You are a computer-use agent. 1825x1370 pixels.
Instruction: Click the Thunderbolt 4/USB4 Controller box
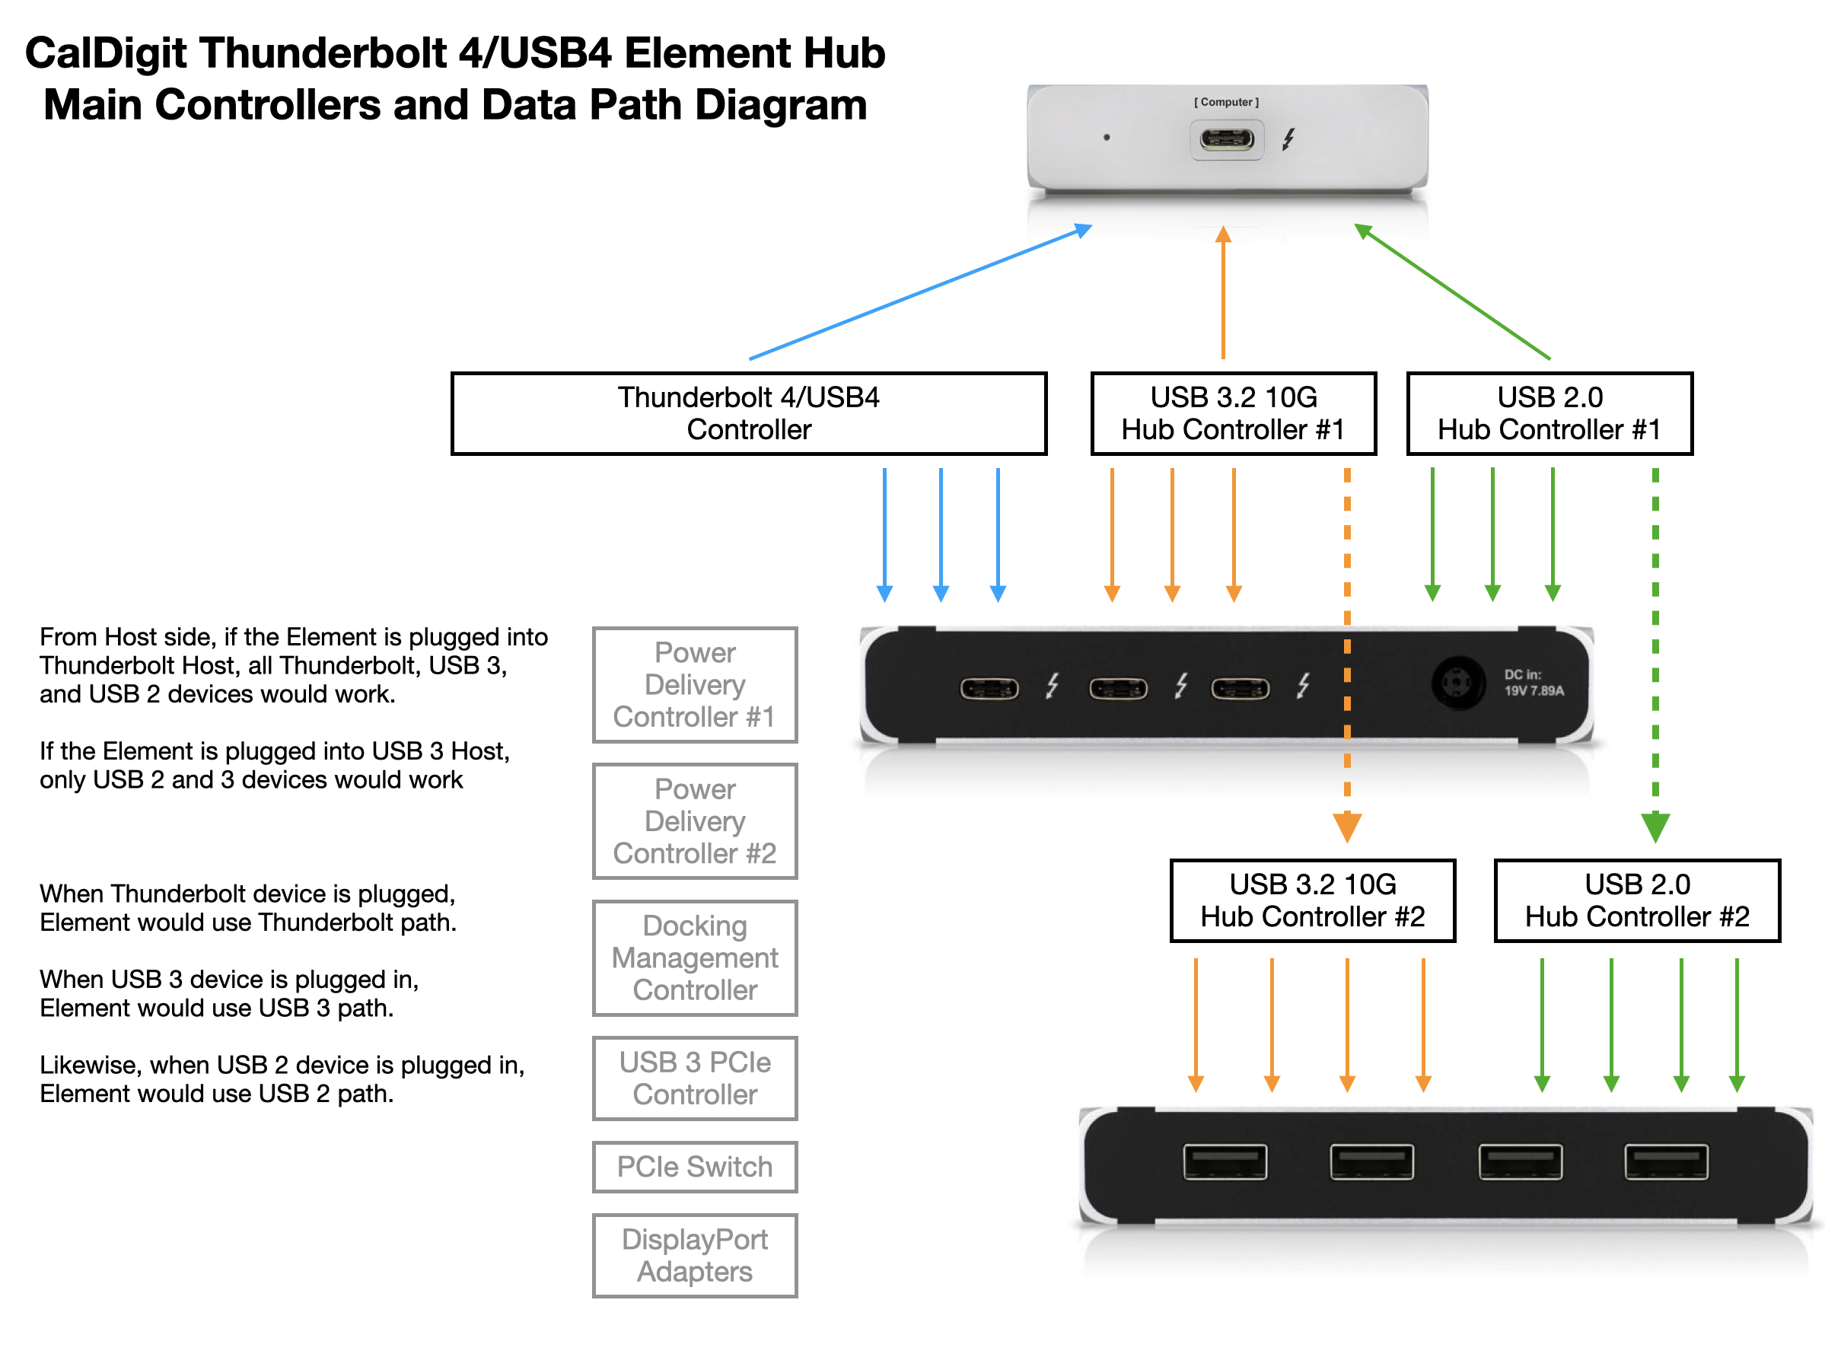748,413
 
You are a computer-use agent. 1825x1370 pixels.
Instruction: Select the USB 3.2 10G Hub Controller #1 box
1233,413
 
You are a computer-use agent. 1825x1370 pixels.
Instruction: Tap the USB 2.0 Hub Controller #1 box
1549,413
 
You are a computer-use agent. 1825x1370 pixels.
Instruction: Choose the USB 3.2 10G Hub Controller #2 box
1312,900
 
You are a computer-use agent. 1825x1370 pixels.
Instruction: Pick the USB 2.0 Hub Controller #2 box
1637,900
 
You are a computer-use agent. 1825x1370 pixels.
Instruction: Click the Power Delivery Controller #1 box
695,685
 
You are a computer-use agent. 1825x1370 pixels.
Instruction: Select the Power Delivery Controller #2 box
695,821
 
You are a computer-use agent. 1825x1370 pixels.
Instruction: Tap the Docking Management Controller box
695,957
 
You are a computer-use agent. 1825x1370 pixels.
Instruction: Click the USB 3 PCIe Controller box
695,1078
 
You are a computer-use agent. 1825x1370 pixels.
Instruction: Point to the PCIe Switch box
695,1167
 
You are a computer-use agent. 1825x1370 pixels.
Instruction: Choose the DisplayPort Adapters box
695,1255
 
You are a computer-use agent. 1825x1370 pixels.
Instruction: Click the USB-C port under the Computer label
1227,139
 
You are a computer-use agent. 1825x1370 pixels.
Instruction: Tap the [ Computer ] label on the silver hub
1226,102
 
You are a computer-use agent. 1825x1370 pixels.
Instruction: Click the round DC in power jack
1458,683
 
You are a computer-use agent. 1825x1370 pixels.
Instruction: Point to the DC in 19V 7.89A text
1533,683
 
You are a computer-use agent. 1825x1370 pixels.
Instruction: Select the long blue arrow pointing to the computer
920,293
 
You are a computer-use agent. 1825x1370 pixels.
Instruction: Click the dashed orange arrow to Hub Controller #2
1347,644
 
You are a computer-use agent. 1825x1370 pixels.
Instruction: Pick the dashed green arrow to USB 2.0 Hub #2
1655,644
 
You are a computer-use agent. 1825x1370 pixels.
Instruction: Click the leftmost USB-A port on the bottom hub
1225,1162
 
